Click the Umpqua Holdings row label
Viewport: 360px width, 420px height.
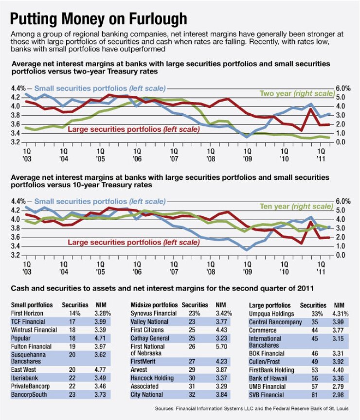pyautogui.click(x=272, y=314)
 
